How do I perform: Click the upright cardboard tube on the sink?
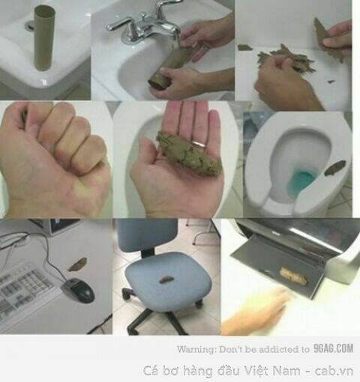45,39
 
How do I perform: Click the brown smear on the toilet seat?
335,168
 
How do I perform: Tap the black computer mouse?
79,290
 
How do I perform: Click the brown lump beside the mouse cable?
78,264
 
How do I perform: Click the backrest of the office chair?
148,235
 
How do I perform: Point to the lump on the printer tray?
293,276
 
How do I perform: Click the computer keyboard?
24,293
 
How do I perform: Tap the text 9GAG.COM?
334,348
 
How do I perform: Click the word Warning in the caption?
196,349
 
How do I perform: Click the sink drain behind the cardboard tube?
30,25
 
